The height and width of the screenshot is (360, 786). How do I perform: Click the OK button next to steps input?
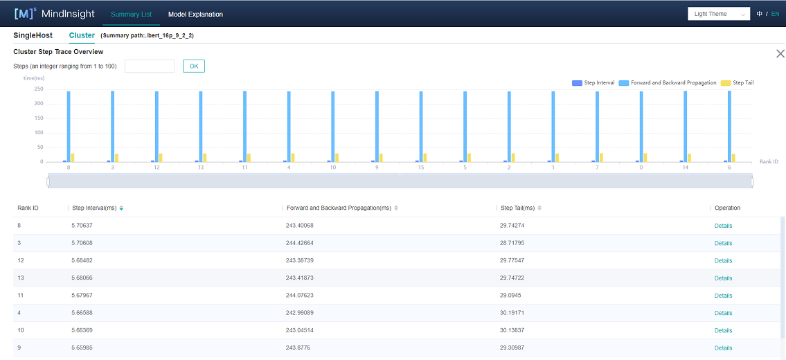(194, 66)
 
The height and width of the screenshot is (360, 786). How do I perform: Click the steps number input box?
(150, 66)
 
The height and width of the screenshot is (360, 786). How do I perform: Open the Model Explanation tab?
(195, 14)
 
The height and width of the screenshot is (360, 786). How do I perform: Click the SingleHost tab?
(33, 35)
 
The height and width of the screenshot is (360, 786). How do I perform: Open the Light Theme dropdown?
(719, 14)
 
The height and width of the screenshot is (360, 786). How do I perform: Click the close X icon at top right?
(780, 53)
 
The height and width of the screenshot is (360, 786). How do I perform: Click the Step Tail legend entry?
(738, 83)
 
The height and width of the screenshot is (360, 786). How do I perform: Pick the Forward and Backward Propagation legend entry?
(668, 83)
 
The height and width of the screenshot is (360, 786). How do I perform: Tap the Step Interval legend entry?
(593, 83)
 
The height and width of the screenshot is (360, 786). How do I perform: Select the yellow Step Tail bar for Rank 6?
(733, 157)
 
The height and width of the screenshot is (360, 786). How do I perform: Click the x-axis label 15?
(420, 168)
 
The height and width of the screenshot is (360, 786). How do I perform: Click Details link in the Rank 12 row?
(723, 261)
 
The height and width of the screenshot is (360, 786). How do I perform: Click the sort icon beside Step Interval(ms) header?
(121, 208)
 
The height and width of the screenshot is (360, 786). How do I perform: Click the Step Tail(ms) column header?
(517, 208)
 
